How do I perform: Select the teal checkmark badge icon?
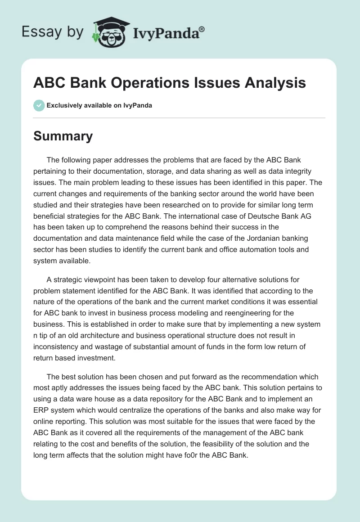39,105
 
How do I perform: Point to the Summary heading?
63,136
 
